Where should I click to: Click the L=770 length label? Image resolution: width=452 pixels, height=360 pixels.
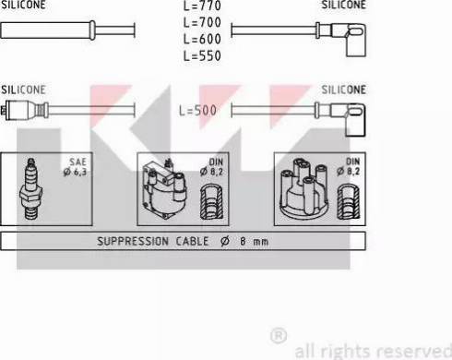[202, 6]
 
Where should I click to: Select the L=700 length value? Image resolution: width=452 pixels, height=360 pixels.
[202, 22]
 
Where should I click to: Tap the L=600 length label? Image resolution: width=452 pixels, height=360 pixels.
[202, 39]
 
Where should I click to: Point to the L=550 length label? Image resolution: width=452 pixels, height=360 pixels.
[202, 55]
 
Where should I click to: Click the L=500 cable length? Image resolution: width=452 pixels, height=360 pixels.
[197, 111]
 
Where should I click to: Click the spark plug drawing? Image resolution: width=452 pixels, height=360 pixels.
[30, 189]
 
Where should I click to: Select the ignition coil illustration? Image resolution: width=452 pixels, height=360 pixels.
[164, 189]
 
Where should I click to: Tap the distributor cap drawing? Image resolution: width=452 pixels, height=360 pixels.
[303, 188]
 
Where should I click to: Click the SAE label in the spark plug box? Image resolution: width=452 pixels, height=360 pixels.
[77, 162]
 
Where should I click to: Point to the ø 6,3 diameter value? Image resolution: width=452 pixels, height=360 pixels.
[75, 172]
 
